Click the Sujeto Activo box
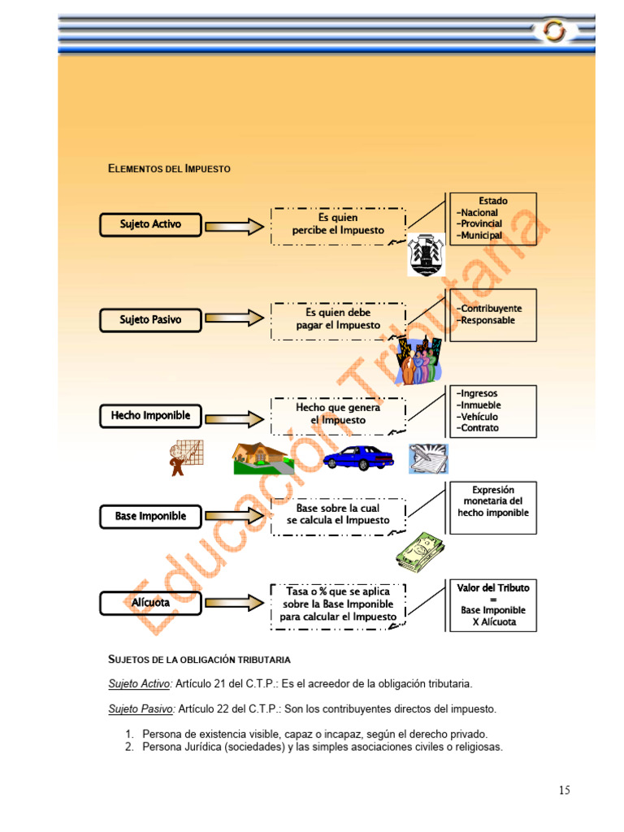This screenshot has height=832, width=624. [x=150, y=224]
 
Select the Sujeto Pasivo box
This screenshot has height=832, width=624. [x=150, y=320]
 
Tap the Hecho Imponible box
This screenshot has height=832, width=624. [x=150, y=415]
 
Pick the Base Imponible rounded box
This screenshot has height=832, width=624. [x=150, y=516]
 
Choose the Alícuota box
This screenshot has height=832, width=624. [x=150, y=603]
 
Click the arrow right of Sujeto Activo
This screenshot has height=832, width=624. [x=235, y=227]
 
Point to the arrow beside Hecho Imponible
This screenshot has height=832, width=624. [x=235, y=419]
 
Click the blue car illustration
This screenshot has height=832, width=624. [x=358, y=457]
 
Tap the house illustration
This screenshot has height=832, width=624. [x=262, y=458]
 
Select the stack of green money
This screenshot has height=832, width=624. [x=420, y=552]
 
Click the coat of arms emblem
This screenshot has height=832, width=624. [x=426, y=254]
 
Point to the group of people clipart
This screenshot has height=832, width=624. [x=420, y=361]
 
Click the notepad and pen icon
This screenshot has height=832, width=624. [x=428, y=458]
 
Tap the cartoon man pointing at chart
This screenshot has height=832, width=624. [x=186, y=457]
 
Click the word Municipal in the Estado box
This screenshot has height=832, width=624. [x=480, y=236]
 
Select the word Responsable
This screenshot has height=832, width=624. [x=487, y=320]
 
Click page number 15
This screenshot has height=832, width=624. [x=565, y=790]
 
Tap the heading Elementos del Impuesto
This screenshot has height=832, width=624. [x=169, y=169]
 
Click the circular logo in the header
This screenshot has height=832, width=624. [x=554, y=31]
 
